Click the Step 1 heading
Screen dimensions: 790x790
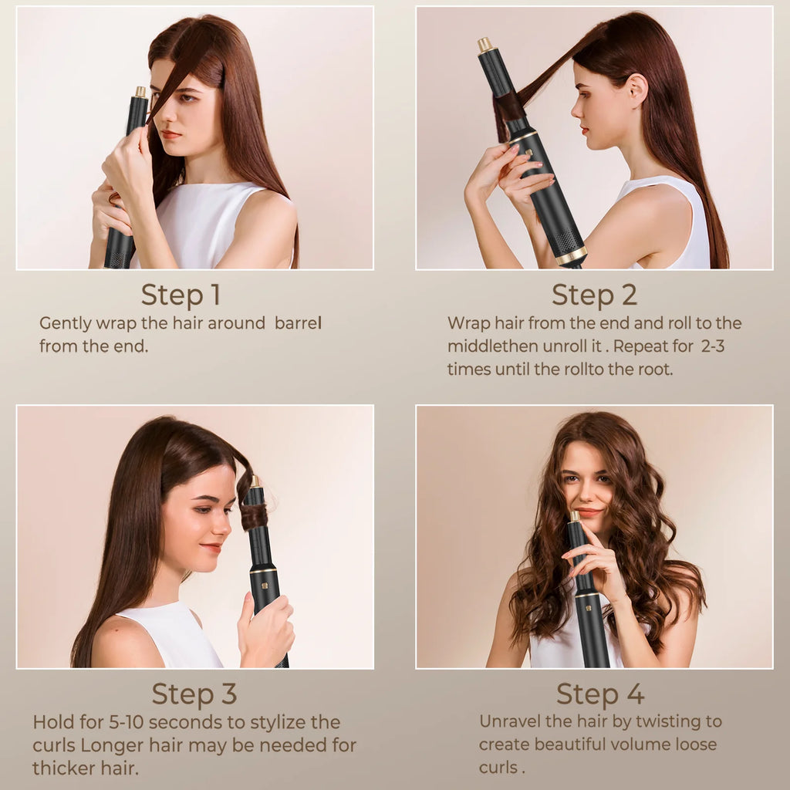tap(181, 295)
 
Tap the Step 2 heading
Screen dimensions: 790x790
tap(593, 295)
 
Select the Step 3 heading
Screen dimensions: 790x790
tap(194, 694)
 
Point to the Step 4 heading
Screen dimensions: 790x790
tap(600, 694)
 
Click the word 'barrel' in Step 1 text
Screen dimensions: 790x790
tap(298, 323)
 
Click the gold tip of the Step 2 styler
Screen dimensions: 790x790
tap(485, 44)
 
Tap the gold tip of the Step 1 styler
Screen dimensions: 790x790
tap(140, 92)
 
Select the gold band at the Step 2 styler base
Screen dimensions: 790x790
tap(571, 255)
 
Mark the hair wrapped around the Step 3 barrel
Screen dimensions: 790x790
tap(254, 515)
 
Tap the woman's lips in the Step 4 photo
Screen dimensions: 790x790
tap(587, 512)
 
